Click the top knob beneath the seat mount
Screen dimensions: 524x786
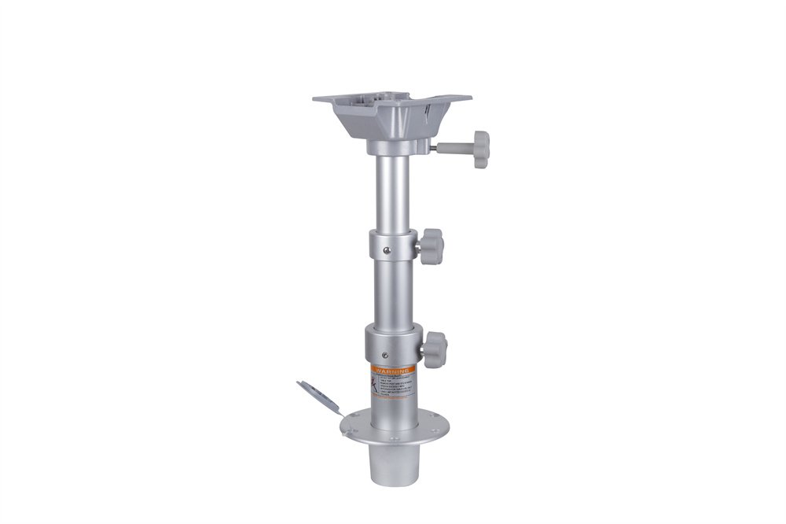point(476,145)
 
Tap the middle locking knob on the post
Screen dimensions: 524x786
point(431,246)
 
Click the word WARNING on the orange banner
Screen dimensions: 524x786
point(391,367)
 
